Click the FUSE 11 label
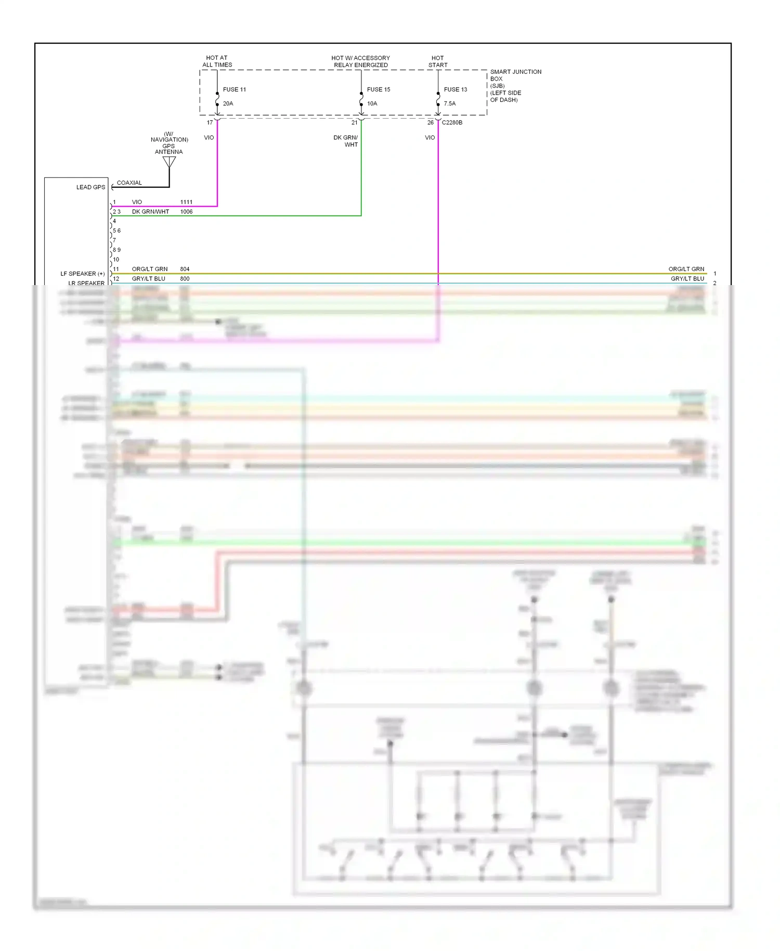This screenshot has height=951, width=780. [234, 89]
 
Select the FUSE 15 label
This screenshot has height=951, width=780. [378, 89]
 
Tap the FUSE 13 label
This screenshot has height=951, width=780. [455, 89]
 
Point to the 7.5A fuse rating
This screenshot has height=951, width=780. [449, 104]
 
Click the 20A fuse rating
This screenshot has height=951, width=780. [228, 104]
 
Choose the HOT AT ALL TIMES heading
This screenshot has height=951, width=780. [217, 61]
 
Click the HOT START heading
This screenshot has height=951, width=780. [437, 61]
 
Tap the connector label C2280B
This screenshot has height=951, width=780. [452, 123]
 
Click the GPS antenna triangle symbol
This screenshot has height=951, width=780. [169, 162]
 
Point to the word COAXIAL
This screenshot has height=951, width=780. [129, 183]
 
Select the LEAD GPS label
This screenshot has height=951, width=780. [90, 187]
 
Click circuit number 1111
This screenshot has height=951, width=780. [186, 202]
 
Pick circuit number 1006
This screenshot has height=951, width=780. [186, 212]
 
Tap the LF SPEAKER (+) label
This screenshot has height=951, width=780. [82, 274]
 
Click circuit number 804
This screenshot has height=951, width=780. [185, 269]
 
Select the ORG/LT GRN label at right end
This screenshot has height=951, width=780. [686, 269]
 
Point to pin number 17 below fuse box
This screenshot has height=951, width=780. [210, 123]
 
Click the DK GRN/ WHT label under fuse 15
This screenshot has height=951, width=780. [346, 141]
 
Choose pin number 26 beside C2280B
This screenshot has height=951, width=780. [430, 123]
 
